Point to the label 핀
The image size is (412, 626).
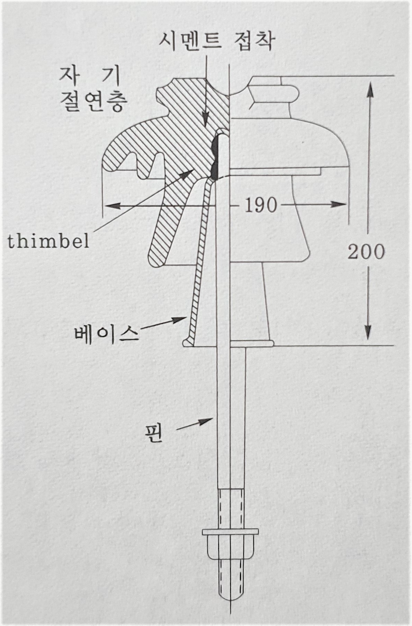(x=154, y=434)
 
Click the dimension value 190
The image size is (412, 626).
(x=261, y=206)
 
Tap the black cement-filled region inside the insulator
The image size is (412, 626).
(x=216, y=156)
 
